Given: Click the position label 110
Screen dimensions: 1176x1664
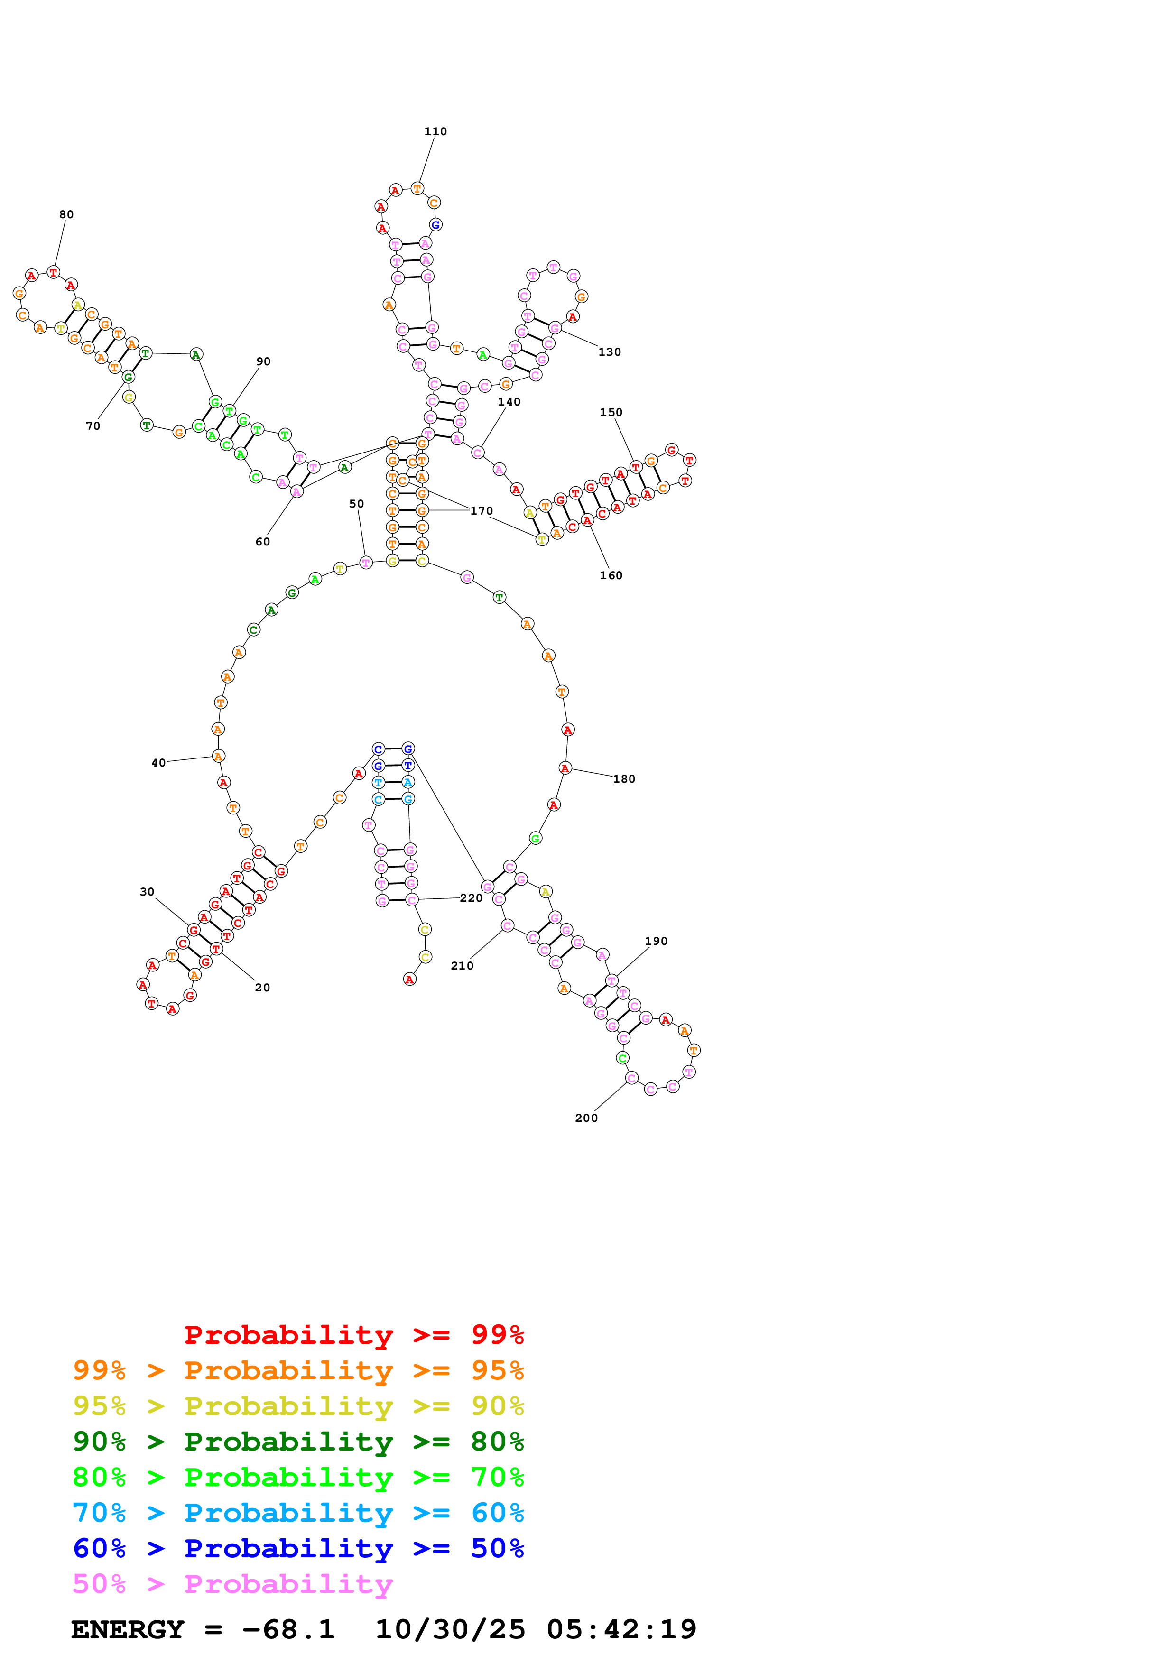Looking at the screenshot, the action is [x=435, y=131].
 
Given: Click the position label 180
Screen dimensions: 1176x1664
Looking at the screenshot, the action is [x=624, y=778].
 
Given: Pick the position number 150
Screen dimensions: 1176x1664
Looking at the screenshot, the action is [x=611, y=412].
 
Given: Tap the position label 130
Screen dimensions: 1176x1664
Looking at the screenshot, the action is [x=610, y=352].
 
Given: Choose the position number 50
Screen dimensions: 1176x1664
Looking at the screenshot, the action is [x=356, y=504].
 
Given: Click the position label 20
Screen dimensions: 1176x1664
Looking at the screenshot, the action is [x=262, y=987].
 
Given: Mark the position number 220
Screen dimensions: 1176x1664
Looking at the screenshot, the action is [x=471, y=897].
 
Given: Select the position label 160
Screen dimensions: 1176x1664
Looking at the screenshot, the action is [x=611, y=575].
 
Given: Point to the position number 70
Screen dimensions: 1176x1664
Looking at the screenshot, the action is [x=93, y=426].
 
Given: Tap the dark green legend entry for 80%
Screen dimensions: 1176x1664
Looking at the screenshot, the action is [x=298, y=1442].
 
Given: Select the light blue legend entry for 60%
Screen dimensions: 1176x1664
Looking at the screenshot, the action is [x=298, y=1513].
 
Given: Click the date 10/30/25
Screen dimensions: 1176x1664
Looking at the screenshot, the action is [x=450, y=1629].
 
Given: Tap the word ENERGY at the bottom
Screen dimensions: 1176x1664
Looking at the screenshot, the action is [x=128, y=1629].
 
